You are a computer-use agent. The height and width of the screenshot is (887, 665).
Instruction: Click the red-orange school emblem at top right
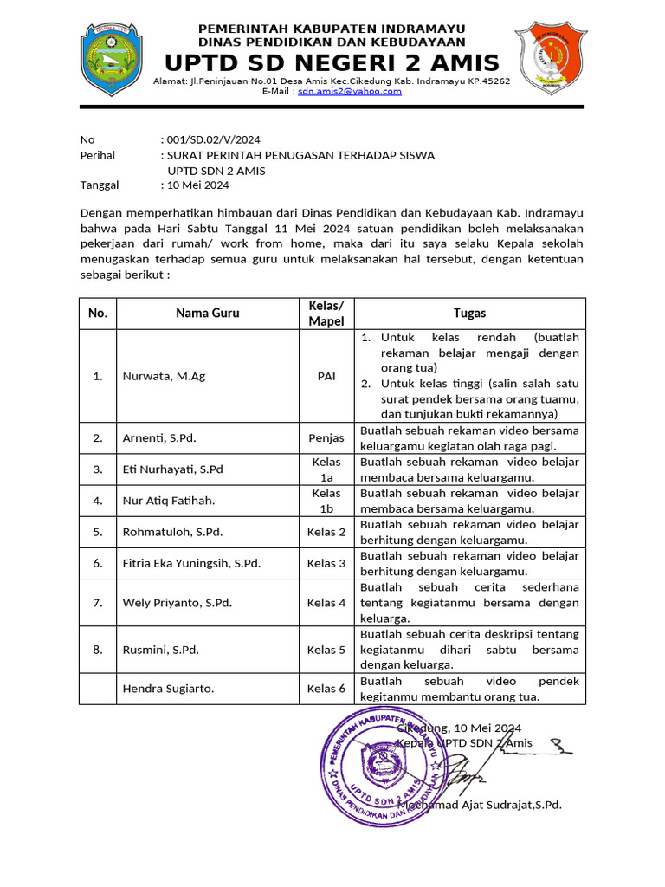click(551, 59)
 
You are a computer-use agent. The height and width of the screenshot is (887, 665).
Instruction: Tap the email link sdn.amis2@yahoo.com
click(350, 91)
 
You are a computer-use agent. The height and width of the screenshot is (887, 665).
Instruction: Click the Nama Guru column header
click(208, 314)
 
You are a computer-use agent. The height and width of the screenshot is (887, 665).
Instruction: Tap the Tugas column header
click(469, 314)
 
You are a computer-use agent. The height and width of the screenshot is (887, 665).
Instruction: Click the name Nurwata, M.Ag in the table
click(165, 377)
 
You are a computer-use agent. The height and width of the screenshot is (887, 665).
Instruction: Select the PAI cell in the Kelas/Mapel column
click(326, 377)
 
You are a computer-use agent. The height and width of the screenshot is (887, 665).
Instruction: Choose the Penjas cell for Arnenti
click(326, 438)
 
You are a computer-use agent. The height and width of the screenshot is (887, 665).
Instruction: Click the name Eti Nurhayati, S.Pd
click(173, 469)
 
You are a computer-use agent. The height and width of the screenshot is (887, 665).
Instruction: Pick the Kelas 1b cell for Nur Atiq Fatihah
click(326, 501)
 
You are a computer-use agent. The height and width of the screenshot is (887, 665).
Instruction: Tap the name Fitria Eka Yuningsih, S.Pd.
click(191, 563)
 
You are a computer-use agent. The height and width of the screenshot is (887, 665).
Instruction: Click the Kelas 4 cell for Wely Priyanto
click(326, 603)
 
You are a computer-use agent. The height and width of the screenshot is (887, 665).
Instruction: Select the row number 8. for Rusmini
click(98, 650)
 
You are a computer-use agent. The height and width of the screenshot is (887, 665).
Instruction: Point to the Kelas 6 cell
click(326, 689)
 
